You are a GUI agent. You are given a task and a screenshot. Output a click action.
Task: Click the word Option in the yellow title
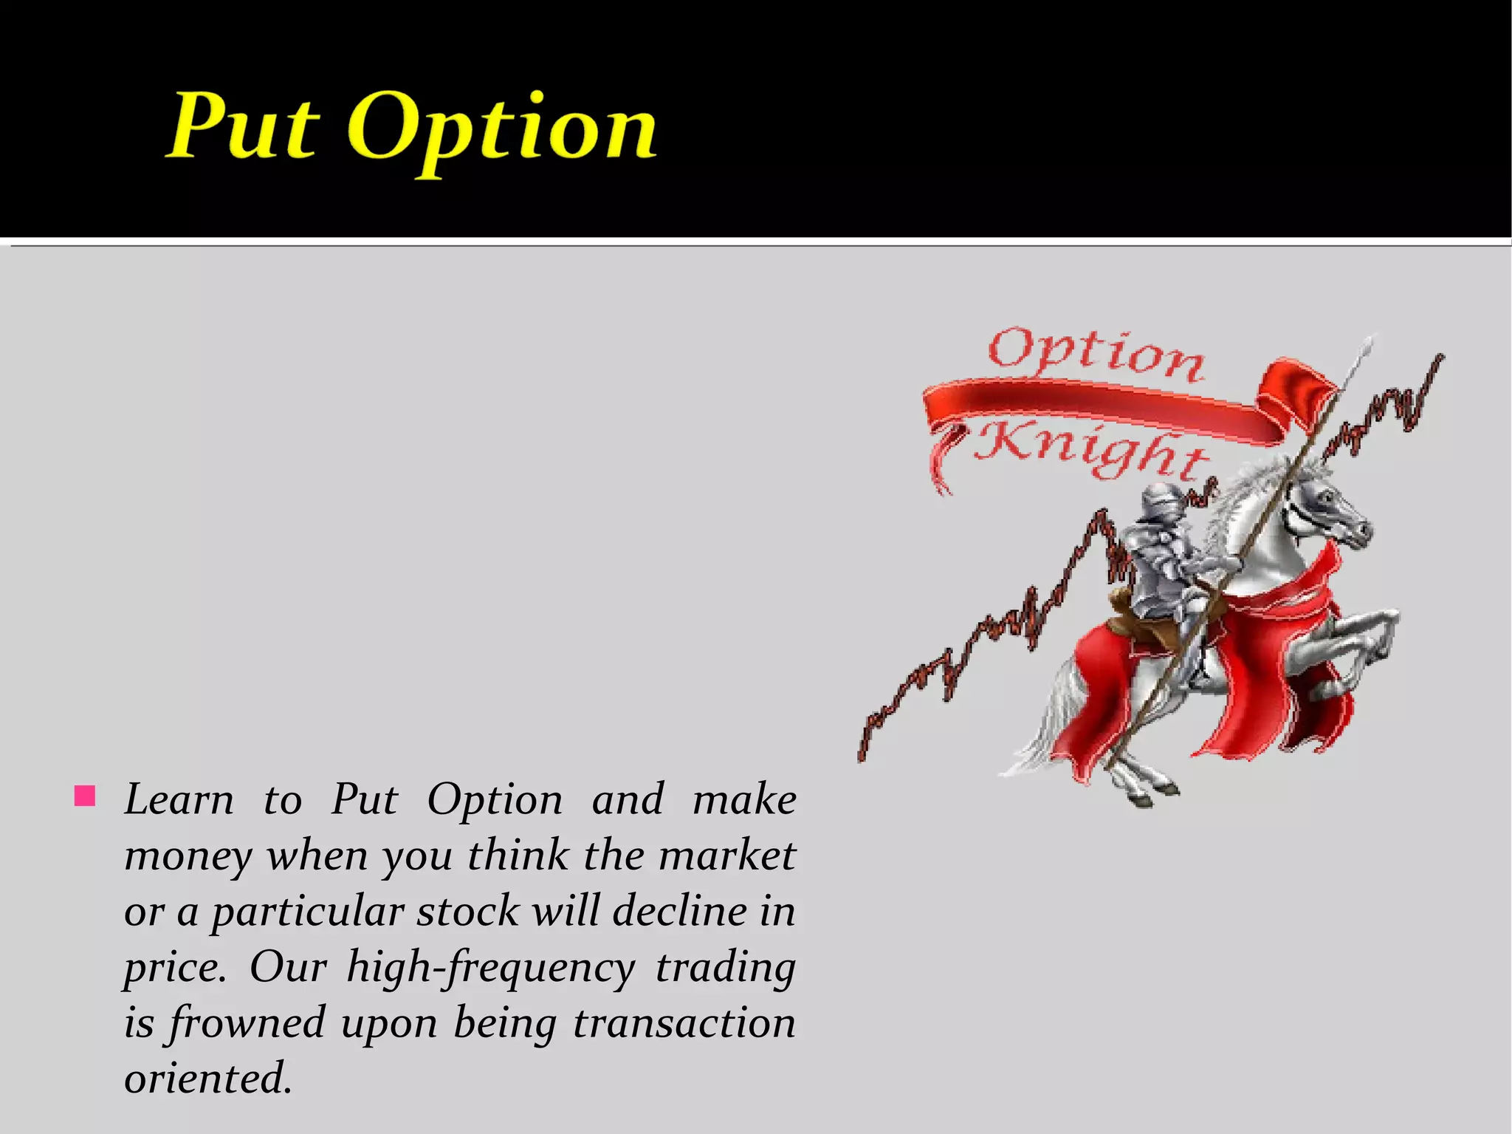pos(502,129)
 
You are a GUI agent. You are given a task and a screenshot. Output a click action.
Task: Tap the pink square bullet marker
pos(85,796)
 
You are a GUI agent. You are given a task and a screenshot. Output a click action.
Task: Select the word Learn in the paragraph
pos(179,800)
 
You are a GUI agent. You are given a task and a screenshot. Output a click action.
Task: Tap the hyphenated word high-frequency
pos(490,968)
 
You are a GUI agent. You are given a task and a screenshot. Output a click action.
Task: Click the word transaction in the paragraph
pos(684,1024)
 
